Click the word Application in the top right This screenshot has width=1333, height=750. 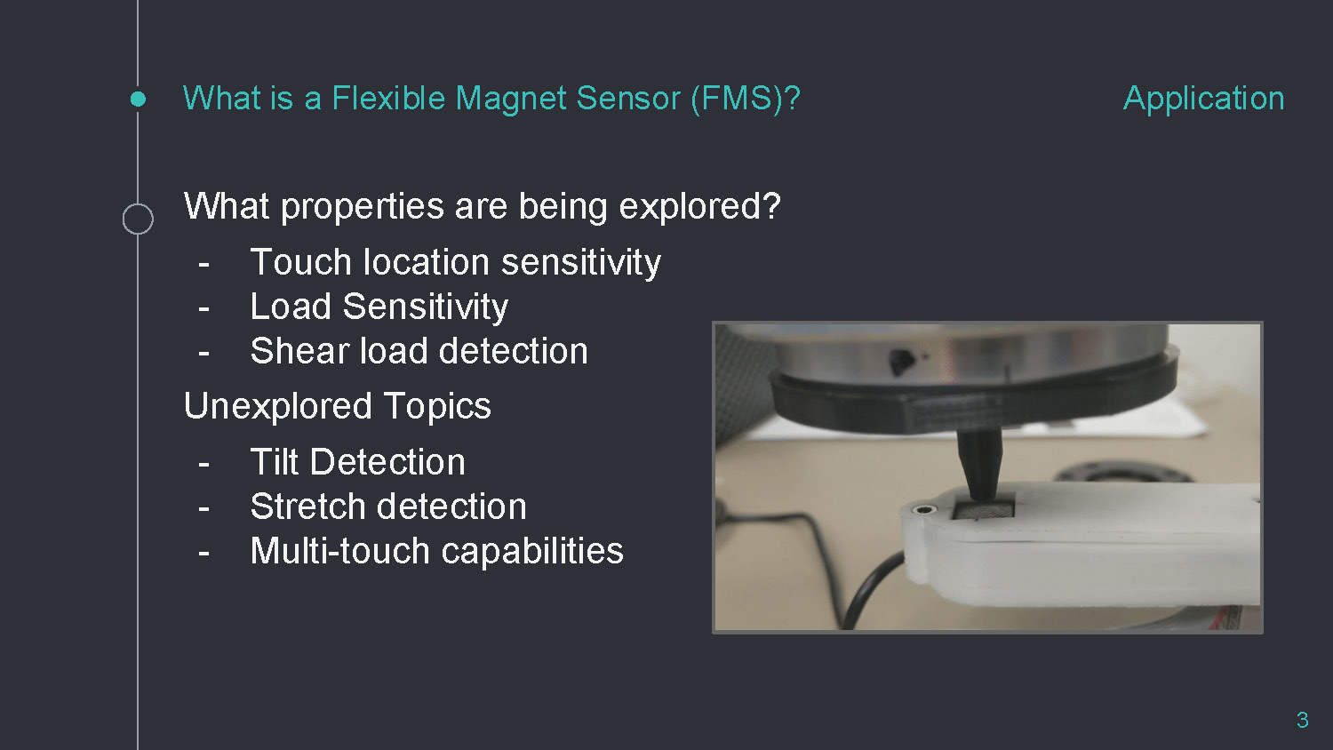pos(1203,99)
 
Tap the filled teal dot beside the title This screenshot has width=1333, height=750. pos(138,99)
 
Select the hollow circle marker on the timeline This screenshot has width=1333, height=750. pos(138,219)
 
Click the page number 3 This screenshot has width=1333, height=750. pos(1303,720)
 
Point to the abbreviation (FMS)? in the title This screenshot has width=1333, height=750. pos(746,99)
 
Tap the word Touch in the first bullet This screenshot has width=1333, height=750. pos(301,262)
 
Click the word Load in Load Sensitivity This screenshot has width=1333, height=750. pos(291,307)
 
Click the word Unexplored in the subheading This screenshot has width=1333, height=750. pos(277,406)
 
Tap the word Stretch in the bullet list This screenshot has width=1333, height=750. pos(316,507)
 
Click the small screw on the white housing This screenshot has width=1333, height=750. pos(923,509)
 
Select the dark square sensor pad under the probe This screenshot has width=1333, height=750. pos(983,509)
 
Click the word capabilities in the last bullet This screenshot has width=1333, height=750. pos(532,552)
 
